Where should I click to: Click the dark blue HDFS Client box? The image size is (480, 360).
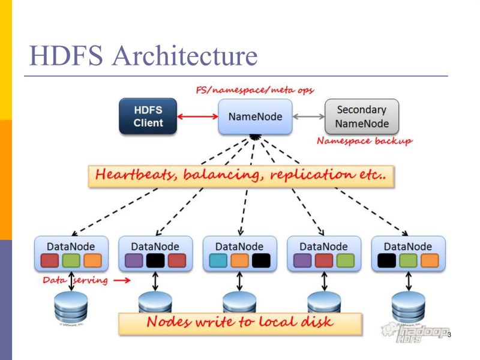tap(148, 116)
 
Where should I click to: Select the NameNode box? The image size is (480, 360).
tap(255, 116)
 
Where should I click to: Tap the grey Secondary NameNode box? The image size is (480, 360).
tap(362, 117)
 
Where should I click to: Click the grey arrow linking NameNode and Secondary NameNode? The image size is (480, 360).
tap(308, 116)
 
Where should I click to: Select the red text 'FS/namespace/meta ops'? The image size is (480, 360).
tap(256, 89)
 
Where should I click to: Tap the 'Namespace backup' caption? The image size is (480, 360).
tap(364, 142)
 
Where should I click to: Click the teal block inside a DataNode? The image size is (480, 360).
tap(218, 260)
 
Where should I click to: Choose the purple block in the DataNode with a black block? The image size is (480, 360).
tap(134, 260)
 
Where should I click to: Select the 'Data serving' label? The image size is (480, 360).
tap(74, 280)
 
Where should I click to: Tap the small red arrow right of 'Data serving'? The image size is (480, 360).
tap(122, 280)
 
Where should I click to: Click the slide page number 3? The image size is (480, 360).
tap(449, 334)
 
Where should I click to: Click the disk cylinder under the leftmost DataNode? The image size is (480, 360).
tap(71, 307)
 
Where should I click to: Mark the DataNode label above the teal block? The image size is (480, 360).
tap(239, 246)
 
